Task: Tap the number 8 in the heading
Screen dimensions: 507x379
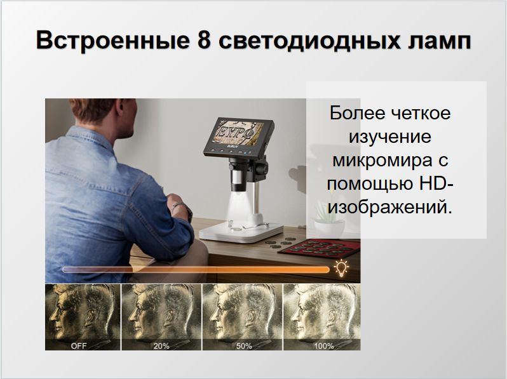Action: click(204, 40)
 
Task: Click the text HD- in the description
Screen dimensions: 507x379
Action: click(436, 183)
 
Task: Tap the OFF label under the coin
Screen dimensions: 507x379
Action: click(79, 346)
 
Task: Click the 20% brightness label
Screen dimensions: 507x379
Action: click(161, 346)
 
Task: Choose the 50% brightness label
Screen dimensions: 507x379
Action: click(244, 346)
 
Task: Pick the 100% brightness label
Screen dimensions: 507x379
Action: click(324, 346)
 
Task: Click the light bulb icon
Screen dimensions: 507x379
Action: click(341, 269)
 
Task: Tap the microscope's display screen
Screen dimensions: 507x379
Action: click(237, 134)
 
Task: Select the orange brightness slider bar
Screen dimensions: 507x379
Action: click(196, 269)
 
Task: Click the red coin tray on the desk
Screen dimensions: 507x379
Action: click(318, 248)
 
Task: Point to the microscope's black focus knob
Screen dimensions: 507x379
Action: click(262, 169)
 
